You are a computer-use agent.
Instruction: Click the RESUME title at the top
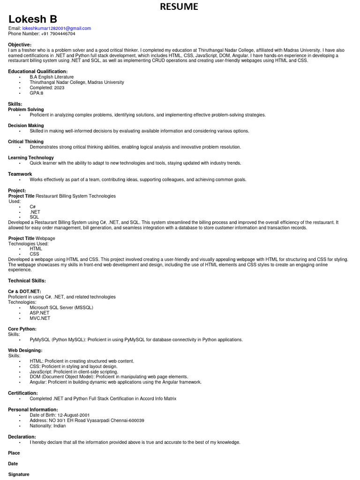(x=179, y=7)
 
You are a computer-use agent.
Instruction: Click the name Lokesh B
(x=33, y=19)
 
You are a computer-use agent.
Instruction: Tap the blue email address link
(x=56, y=29)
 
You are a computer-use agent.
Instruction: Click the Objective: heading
(x=20, y=45)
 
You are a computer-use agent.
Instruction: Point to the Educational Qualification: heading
(x=38, y=71)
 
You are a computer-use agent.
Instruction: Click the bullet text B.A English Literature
(x=52, y=77)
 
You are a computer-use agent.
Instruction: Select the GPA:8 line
(x=36, y=93)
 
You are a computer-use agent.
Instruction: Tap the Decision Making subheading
(x=26, y=126)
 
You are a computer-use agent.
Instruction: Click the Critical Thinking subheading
(x=26, y=142)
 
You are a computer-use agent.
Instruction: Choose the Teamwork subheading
(x=20, y=174)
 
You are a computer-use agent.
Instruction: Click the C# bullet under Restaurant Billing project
(x=33, y=207)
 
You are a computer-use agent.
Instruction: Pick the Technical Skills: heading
(x=27, y=280)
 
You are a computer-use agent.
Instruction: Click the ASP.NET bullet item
(x=39, y=313)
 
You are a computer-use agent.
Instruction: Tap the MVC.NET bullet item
(x=40, y=318)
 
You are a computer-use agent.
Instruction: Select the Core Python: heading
(x=22, y=329)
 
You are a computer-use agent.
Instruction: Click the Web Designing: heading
(x=25, y=350)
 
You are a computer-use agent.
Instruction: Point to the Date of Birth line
(x=60, y=415)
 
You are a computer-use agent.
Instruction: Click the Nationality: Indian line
(x=48, y=426)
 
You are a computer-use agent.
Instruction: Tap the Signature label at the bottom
(x=19, y=474)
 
